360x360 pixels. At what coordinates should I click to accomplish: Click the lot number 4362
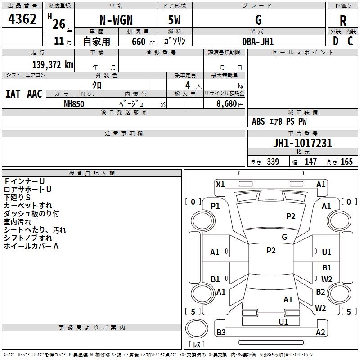[x=22, y=19]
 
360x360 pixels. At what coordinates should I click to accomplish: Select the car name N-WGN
[x=116, y=20]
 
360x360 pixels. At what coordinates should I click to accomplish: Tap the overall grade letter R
[x=343, y=21]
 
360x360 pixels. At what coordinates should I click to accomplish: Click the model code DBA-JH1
[x=258, y=41]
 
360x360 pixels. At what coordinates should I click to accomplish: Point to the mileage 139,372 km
[x=53, y=65]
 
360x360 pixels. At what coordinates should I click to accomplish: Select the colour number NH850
[x=74, y=104]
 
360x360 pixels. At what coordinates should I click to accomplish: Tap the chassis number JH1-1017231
[x=302, y=144]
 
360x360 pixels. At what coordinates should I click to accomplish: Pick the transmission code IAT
[x=13, y=94]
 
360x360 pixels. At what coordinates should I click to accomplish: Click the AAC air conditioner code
[x=35, y=94]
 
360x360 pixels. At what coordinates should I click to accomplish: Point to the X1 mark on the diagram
[x=220, y=184]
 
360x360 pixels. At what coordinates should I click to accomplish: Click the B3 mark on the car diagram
[x=221, y=333]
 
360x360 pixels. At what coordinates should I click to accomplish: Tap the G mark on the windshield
[x=284, y=237]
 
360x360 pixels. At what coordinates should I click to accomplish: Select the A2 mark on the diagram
[x=320, y=333]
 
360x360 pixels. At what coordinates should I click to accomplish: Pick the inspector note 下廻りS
[x=18, y=197]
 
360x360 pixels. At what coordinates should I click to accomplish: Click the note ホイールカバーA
[x=31, y=246]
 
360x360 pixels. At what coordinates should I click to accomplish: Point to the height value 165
[x=346, y=162]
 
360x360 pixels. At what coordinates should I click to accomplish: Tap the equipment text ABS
[x=258, y=121]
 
